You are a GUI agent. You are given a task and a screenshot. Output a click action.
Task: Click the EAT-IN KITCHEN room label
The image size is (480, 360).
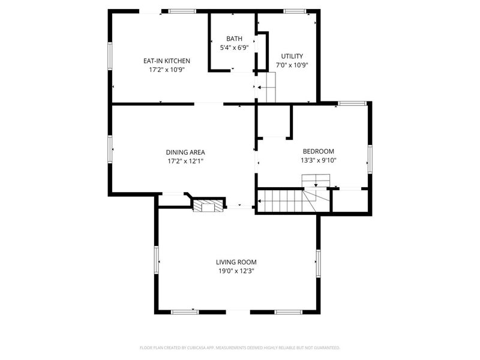point(166,61)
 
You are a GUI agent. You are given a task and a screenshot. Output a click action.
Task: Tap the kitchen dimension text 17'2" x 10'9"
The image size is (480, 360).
point(166,70)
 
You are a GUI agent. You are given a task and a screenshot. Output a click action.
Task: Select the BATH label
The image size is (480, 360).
point(234,39)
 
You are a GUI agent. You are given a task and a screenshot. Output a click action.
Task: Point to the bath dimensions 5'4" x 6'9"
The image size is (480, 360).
point(234,48)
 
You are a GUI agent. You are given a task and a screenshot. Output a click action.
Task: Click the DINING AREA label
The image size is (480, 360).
point(185,152)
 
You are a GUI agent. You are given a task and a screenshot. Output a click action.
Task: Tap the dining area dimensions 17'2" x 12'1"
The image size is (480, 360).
point(185,161)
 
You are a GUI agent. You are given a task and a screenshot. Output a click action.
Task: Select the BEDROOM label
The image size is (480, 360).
point(318,151)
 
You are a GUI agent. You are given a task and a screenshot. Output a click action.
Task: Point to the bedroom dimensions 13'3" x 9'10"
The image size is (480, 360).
point(318,160)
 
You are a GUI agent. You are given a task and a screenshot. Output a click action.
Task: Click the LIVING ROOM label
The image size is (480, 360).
point(236,262)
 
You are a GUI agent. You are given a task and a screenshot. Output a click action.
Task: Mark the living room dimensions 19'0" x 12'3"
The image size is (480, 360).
point(236,271)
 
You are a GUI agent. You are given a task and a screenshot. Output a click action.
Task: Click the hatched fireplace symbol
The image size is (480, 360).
point(200,206)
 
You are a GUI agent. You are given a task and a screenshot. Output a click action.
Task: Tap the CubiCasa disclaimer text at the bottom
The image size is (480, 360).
point(240,347)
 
